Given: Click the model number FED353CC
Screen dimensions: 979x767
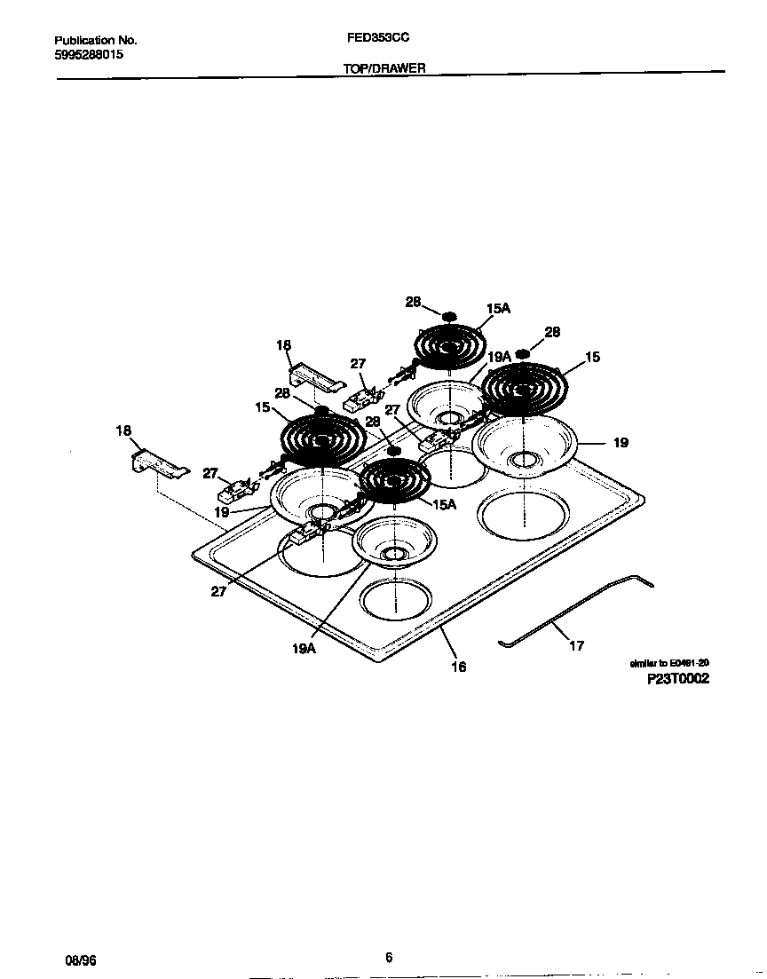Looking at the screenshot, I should tap(378, 39).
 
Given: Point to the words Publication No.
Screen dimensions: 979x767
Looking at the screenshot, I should tap(96, 40).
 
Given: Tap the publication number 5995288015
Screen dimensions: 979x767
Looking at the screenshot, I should tap(89, 54).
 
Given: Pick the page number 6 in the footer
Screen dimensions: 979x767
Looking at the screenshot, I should tap(389, 957).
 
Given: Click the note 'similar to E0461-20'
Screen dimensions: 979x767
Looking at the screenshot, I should tap(668, 663).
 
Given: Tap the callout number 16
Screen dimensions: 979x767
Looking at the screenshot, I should tap(458, 667).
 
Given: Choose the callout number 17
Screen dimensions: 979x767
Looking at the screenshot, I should tap(576, 645).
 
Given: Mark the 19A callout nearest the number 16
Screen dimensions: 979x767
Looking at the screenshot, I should tap(304, 649).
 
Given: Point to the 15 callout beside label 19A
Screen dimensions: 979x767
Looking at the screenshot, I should tap(592, 357).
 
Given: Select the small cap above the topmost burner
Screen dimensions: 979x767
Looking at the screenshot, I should tap(449, 315).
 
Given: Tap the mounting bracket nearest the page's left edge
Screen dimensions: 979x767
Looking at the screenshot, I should tap(158, 464).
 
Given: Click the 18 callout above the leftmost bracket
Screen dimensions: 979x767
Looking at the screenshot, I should tap(123, 430).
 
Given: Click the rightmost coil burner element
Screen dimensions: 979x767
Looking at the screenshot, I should tap(529, 387).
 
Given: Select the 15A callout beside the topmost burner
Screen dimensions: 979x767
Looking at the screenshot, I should tap(499, 308).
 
